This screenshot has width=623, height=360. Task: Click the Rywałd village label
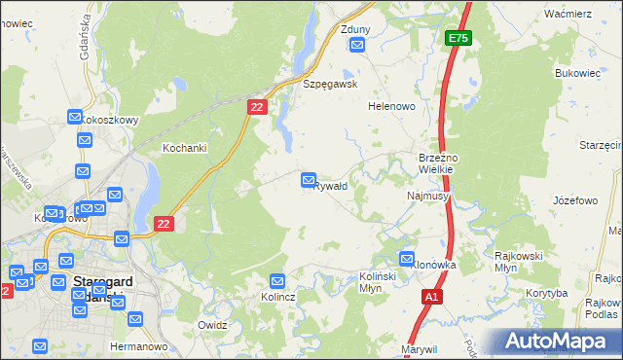click(x=335, y=185)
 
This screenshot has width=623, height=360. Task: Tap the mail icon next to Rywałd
click(x=310, y=180)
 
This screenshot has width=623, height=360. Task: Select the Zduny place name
click(x=355, y=29)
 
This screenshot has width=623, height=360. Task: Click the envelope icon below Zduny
click(x=356, y=44)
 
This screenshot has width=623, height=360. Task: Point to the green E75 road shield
click(x=458, y=38)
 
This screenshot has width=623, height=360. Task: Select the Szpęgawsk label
click(x=331, y=84)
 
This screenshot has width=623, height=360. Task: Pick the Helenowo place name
click(x=392, y=106)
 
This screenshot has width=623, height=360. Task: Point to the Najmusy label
click(x=427, y=196)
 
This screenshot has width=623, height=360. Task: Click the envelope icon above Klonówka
click(x=407, y=259)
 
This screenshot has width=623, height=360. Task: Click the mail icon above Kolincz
click(x=277, y=281)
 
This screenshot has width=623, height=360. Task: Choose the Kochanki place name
click(x=182, y=148)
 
